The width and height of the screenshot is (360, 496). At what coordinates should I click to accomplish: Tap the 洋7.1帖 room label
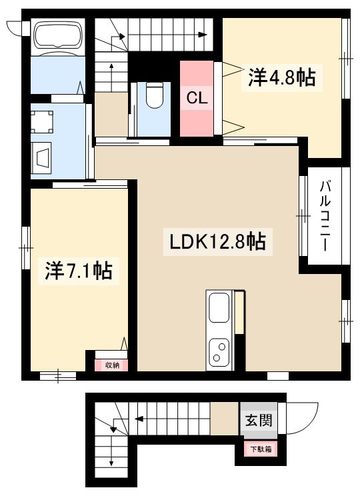pos(78,271)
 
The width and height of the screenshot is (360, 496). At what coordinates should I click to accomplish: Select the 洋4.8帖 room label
pos(281,79)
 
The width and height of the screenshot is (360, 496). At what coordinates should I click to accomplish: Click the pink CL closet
pos(196,97)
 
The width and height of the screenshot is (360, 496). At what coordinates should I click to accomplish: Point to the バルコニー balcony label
pos(325,215)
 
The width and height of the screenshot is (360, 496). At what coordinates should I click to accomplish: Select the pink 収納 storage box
pos(111,365)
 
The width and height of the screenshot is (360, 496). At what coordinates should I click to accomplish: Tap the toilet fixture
pos(155,95)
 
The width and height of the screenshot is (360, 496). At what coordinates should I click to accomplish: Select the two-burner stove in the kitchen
pos(219,351)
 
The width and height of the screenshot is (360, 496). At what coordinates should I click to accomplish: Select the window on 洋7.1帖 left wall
pos(25,247)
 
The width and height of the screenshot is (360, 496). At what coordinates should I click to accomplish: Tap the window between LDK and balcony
pos(303,216)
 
